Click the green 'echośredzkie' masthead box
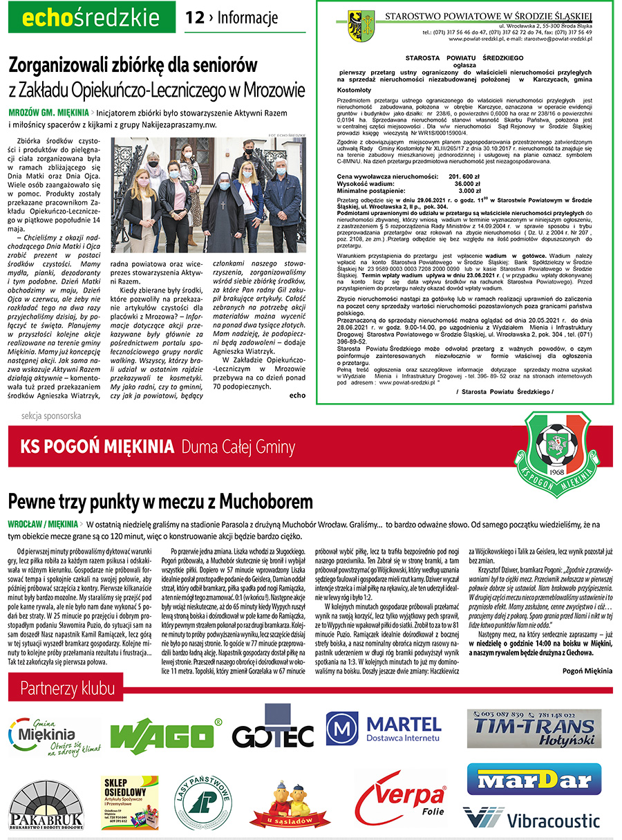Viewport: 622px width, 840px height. tap(92, 17)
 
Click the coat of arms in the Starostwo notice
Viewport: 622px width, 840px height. tap(361, 26)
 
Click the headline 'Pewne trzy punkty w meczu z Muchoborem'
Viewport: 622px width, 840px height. tap(160, 500)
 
